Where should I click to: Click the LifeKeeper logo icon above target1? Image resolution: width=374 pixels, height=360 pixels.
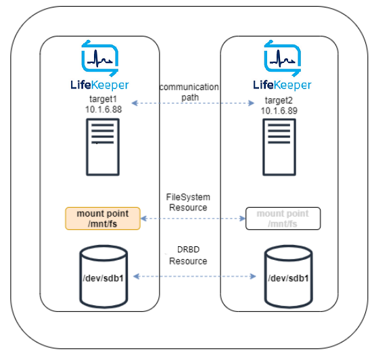pos(99,58)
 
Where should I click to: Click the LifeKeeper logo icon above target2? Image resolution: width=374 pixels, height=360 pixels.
pos(282,58)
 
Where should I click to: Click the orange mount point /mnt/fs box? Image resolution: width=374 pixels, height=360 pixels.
pos(102,218)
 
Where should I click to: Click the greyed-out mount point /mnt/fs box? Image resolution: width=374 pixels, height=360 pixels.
pos(283,219)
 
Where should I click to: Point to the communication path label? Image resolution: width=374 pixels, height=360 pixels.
pos(189,91)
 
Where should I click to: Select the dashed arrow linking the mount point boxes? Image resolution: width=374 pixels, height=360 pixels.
pos(193,219)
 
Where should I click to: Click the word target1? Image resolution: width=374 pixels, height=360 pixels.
pos(99,99)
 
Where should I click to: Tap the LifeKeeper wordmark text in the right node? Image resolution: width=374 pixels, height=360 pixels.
pos(282,85)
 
